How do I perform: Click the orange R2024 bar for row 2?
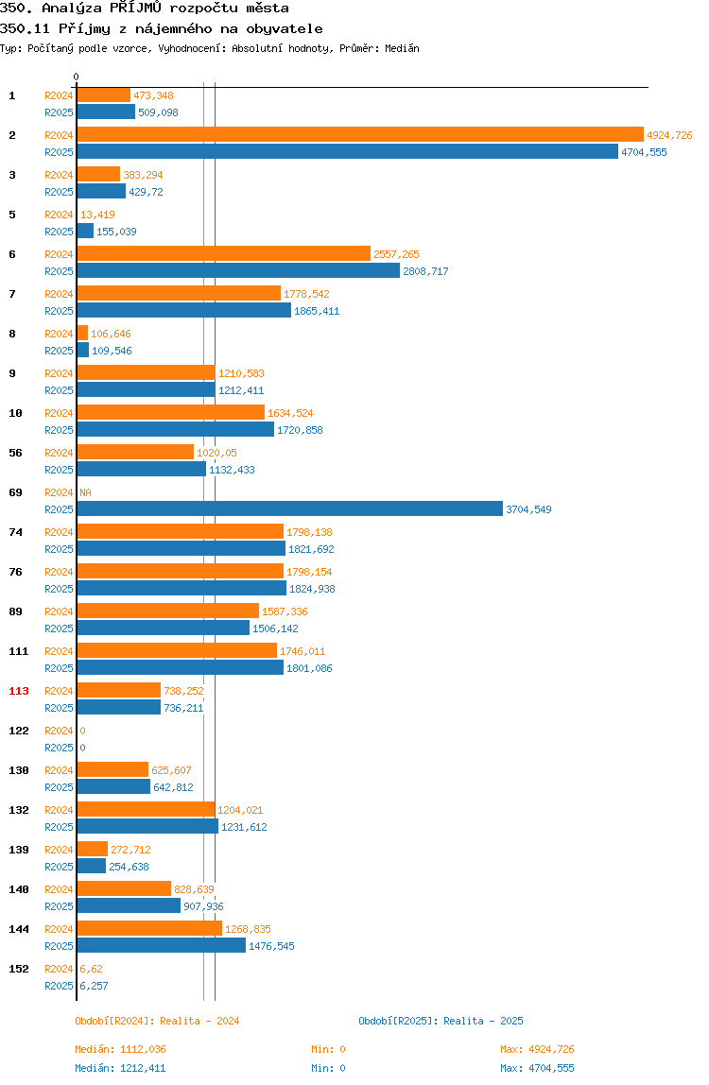(x=360, y=135)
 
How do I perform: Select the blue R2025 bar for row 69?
(x=289, y=509)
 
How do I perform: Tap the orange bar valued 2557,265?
(x=224, y=254)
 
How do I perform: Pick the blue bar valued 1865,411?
(x=183, y=311)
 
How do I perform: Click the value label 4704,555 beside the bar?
(x=644, y=152)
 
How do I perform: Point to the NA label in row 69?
(x=85, y=492)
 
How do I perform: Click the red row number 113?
(x=19, y=691)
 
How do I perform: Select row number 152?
(x=19, y=969)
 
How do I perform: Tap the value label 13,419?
(x=97, y=215)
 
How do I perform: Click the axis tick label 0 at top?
(x=77, y=77)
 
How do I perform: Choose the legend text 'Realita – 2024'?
(x=199, y=1021)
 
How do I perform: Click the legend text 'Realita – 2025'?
(x=483, y=1021)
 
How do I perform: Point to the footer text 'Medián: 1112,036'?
(x=120, y=1049)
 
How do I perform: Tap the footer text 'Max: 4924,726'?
(x=537, y=1049)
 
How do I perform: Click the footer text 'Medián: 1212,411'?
(x=120, y=1068)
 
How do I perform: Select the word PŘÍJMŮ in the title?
(x=135, y=9)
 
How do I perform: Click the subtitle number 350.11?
(x=25, y=28)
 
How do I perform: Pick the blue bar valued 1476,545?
(x=162, y=946)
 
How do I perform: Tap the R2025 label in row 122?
(x=59, y=748)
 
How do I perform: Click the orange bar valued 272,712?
(x=92, y=849)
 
